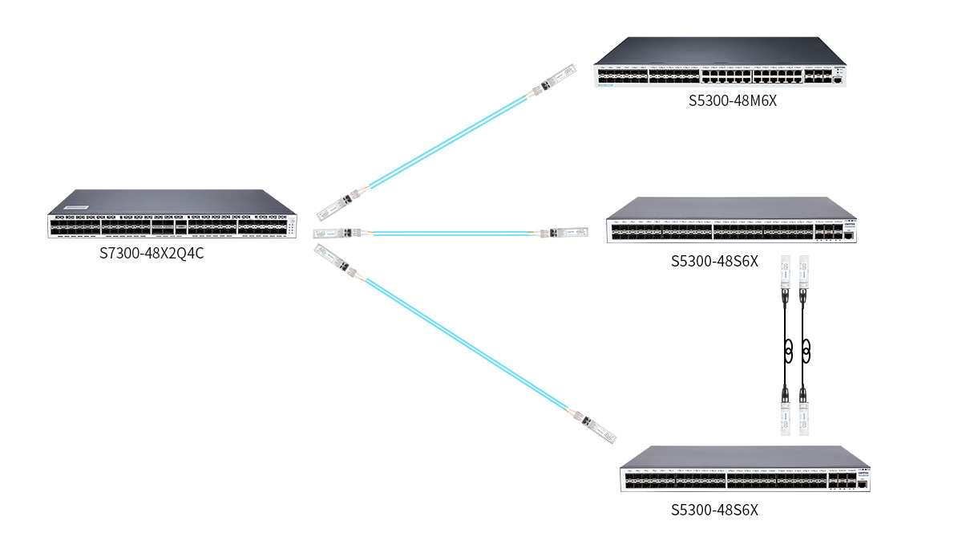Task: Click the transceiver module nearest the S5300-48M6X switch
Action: (x=554, y=80)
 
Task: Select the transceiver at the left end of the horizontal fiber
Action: (x=337, y=233)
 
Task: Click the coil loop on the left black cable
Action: (x=788, y=350)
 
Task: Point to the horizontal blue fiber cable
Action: (x=453, y=234)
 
